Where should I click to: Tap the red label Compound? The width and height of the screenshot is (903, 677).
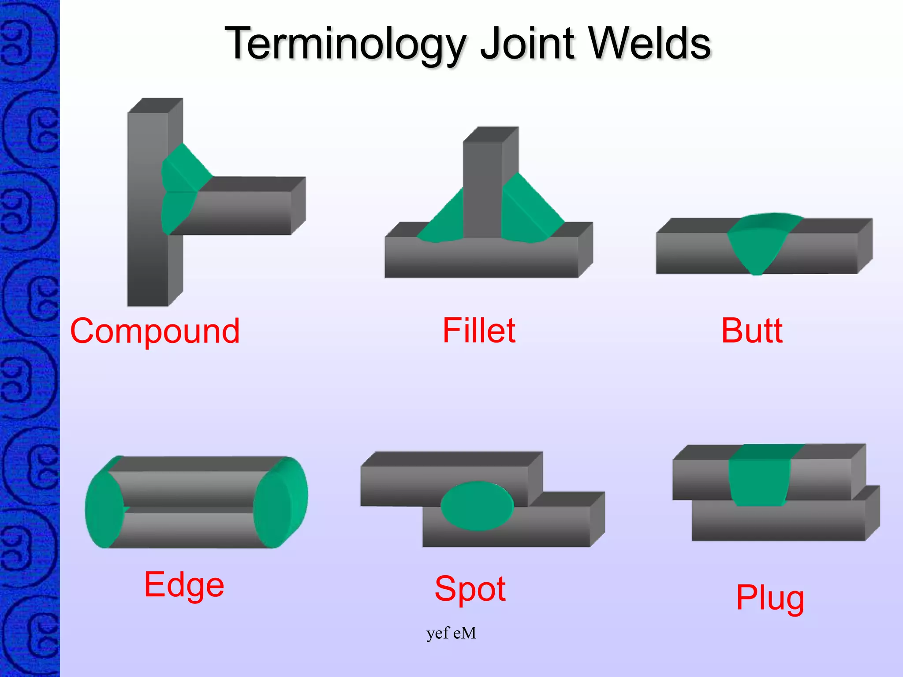155,331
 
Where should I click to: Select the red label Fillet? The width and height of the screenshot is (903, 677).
479,331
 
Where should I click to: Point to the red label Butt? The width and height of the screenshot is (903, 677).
752,331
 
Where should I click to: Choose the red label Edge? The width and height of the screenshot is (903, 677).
184,585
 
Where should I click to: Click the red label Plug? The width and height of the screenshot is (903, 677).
770,598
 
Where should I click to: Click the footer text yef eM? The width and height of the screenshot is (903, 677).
451,633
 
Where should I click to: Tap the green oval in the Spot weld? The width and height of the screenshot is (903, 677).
477,506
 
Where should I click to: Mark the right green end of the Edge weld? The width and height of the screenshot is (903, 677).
280,502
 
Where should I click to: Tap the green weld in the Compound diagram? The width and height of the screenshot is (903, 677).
181,190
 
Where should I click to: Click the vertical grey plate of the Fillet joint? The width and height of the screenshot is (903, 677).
483,185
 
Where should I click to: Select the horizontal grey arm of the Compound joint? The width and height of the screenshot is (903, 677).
247,212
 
